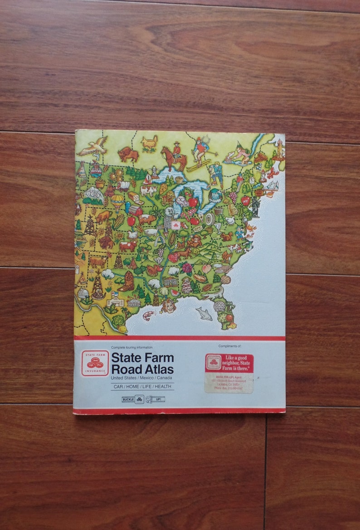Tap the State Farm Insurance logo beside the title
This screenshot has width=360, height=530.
tap(95, 363)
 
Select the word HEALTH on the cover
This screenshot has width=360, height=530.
tap(163, 386)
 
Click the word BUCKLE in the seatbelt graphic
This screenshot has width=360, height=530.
tap(128, 399)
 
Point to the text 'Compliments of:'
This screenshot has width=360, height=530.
tap(229, 346)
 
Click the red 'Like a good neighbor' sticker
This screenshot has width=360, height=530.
tap(229, 363)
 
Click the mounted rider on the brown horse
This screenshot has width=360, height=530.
tap(174, 156)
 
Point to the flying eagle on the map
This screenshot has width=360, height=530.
tap(93, 146)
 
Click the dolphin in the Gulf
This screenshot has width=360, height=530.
tap(204, 313)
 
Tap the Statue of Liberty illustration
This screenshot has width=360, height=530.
tap(255, 206)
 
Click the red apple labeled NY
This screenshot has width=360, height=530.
tap(246, 200)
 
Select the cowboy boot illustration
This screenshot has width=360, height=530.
tap(126, 281)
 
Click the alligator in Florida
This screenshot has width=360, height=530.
tap(213, 295)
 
